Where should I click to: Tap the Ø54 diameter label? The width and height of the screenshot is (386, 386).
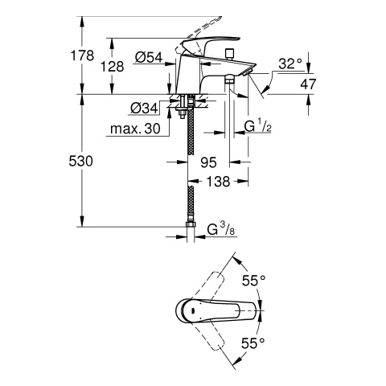point(150,57)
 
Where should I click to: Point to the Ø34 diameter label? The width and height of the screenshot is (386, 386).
point(143,108)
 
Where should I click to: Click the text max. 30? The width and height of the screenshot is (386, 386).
point(137,129)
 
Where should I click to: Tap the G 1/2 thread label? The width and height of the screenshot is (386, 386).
point(259,127)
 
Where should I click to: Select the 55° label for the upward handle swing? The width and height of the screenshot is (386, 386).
point(253,281)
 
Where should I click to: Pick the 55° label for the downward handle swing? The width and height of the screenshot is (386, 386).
point(253,342)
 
